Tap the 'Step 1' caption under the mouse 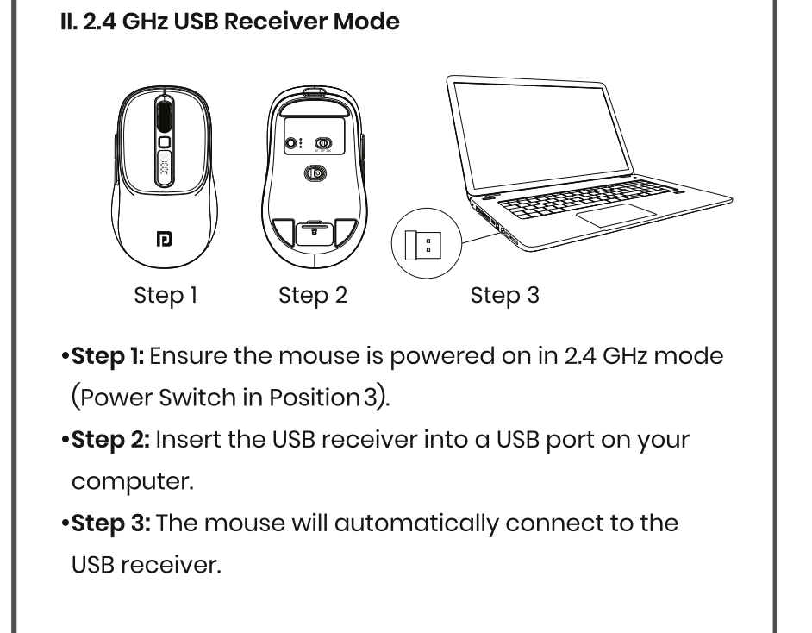point(166,296)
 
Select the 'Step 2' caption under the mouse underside point(313,296)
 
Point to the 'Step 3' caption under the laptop point(505,296)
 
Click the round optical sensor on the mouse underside point(316,173)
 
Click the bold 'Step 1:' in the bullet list point(107,355)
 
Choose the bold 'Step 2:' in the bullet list point(109,439)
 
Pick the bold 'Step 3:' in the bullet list point(109,523)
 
